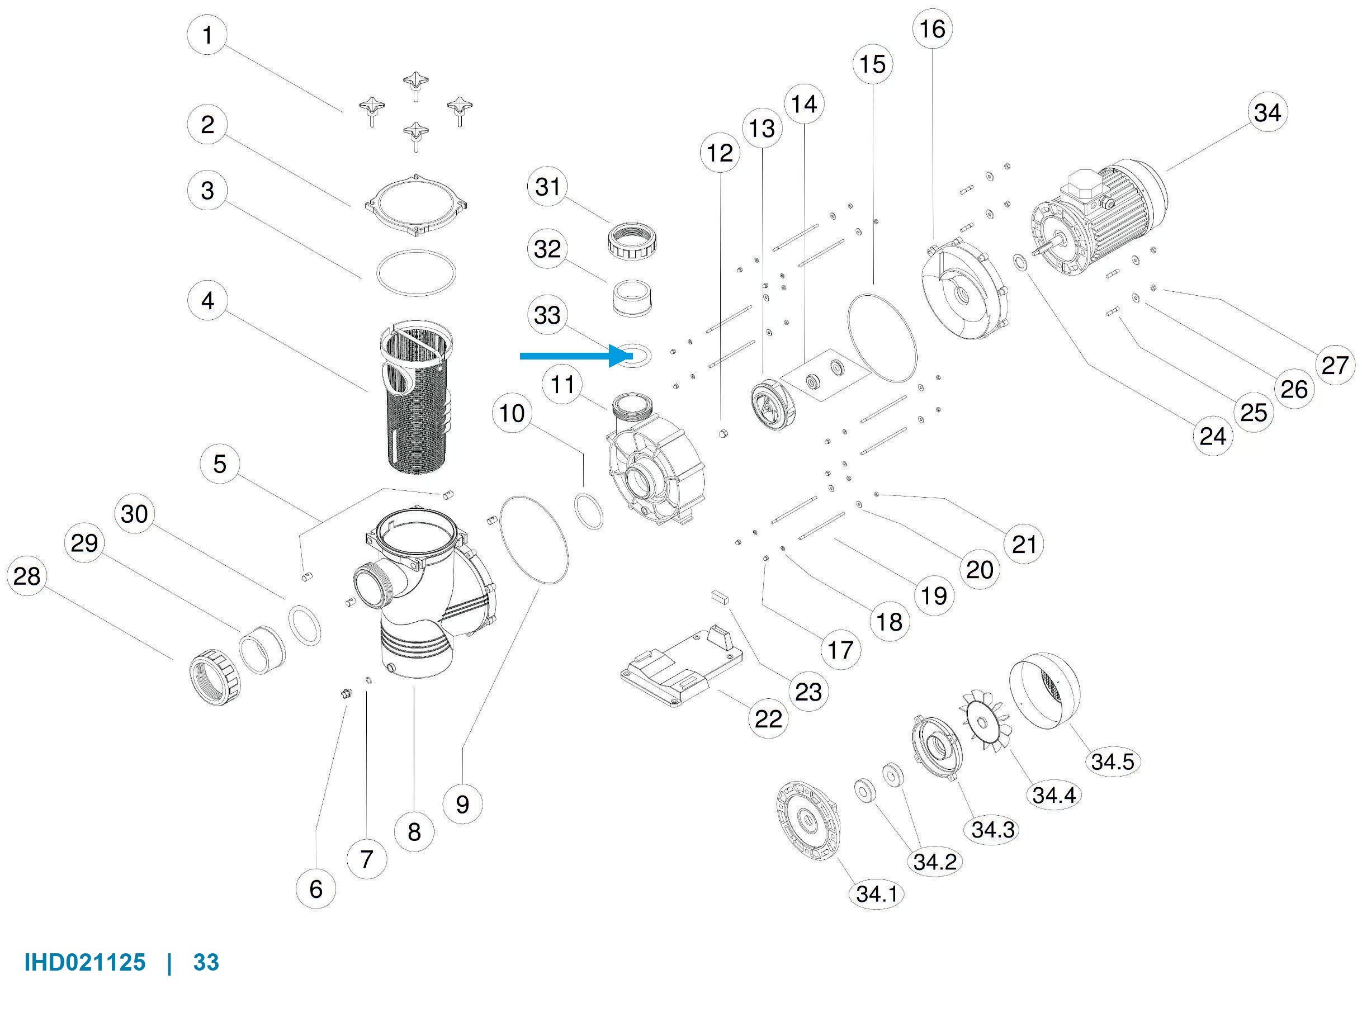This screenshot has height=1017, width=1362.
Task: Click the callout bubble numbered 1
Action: [x=207, y=35]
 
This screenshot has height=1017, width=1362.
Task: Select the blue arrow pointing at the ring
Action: [x=576, y=355]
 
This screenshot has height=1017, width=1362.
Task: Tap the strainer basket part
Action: [x=417, y=397]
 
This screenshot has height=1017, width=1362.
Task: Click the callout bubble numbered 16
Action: [x=932, y=29]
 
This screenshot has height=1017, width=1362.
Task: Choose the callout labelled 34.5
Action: [x=1112, y=761]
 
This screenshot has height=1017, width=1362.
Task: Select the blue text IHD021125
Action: [x=85, y=962]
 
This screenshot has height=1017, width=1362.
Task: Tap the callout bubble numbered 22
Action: [x=768, y=718]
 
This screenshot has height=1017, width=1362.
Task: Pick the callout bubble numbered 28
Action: [x=26, y=576]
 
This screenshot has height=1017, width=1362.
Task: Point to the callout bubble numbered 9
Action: [x=462, y=804]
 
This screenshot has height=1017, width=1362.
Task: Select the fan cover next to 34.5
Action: [x=1044, y=690]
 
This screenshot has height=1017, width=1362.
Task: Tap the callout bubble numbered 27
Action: [x=1334, y=365]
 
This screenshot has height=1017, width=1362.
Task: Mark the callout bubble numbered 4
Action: [x=207, y=300]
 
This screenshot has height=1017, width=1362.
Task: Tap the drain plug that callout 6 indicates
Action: [x=346, y=694]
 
